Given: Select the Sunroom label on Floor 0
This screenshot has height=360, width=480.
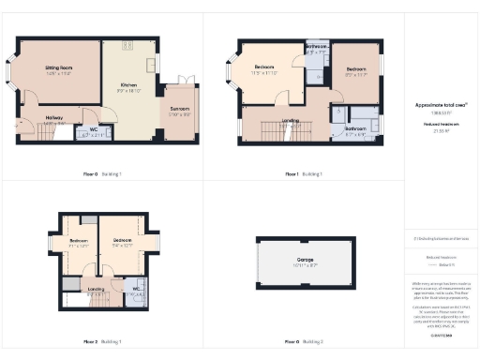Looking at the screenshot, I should pyautogui.click(x=180, y=110).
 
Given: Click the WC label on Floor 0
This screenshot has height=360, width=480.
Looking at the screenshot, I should pyautogui.click(x=93, y=130).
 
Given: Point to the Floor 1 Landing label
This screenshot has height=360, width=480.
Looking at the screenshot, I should pyautogui.click(x=290, y=120).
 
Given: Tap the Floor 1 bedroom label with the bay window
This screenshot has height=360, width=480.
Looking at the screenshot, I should pyautogui.click(x=266, y=67).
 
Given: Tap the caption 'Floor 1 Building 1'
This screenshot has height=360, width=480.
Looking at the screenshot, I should pyautogui.click(x=302, y=173).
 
